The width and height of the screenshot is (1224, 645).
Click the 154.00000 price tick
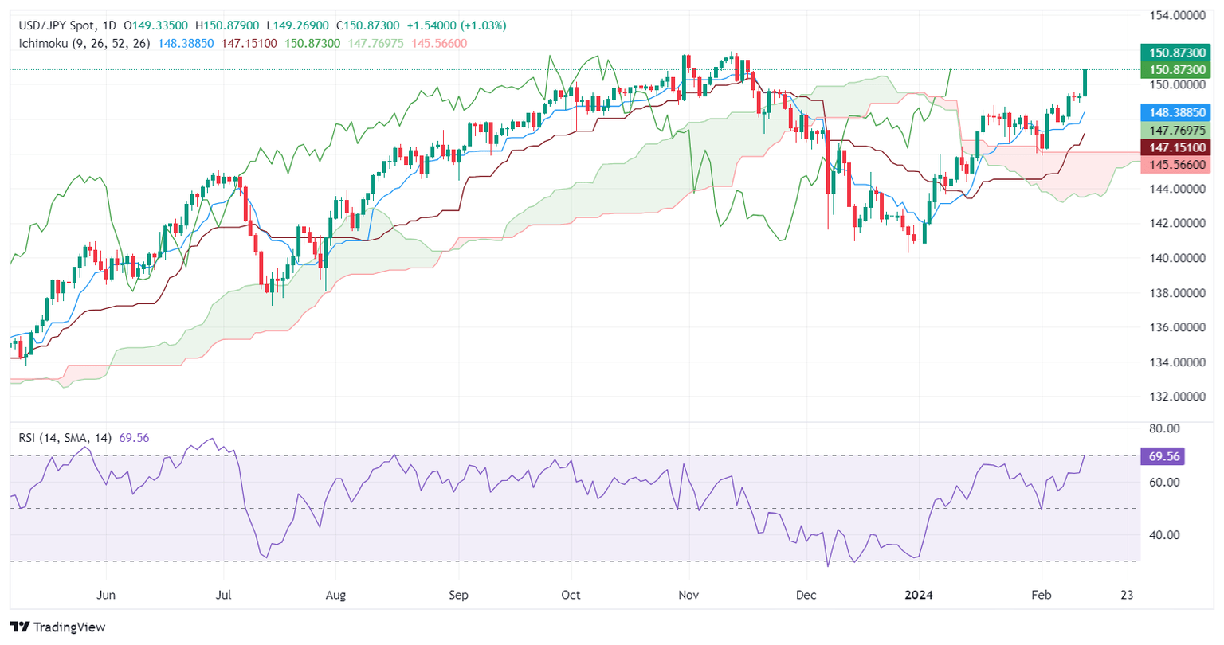pyautogui.click(x=1176, y=15)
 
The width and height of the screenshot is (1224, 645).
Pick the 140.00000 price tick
pyautogui.click(x=1176, y=258)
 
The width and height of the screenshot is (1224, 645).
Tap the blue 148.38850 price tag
pyautogui.click(x=1175, y=113)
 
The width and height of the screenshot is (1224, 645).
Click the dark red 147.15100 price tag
pyautogui.click(x=1175, y=147)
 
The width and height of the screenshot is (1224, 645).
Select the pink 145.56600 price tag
pyautogui.click(x=1175, y=165)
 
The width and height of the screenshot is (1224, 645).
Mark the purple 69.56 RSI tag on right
pyautogui.click(x=1164, y=456)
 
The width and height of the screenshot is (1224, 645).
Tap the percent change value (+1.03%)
pyautogui.click(x=482, y=25)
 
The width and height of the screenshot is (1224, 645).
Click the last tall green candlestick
pyautogui.click(x=1085, y=83)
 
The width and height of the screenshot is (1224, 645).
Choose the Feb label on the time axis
pyautogui.click(x=1042, y=595)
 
